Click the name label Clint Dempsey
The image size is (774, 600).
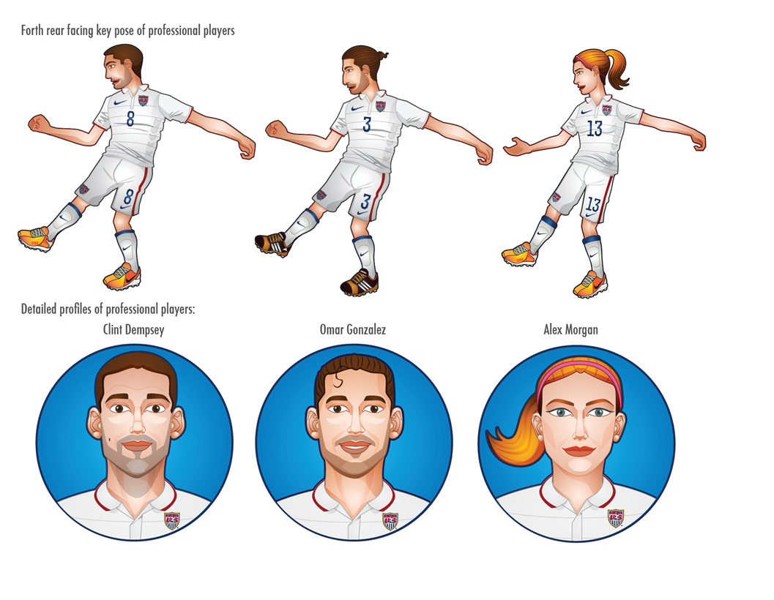[x=134, y=330]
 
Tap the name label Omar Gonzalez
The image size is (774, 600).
[x=353, y=330]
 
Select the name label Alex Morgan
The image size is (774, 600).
[x=570, y=330]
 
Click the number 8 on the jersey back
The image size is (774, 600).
[x=130, y=119]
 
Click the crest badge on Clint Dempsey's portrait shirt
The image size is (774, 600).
[x=172, y=520]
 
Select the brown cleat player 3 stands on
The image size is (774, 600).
[x=360, y=282]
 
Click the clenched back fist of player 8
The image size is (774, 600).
[x=37, y=123]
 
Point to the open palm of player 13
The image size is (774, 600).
[x=515, y=147]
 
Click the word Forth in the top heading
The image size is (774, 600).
[x=34, y=31]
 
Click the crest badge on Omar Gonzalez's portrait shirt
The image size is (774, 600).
[x=390, y=520]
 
